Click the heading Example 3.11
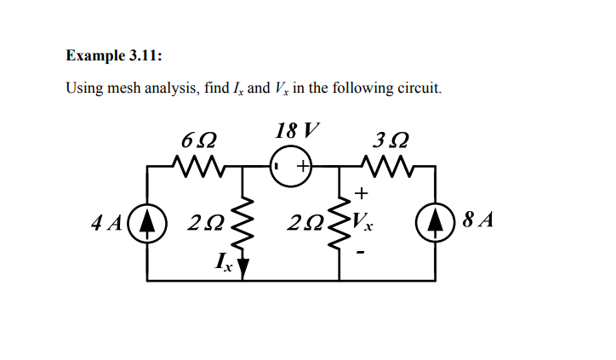(x=114, y=56)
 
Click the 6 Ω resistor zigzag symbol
(x=197, y=163)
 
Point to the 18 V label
(x=298, y=131)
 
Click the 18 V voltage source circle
(x=291, y=163)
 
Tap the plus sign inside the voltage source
(x=302, y=163)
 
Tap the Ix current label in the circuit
(x=224, y=262)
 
